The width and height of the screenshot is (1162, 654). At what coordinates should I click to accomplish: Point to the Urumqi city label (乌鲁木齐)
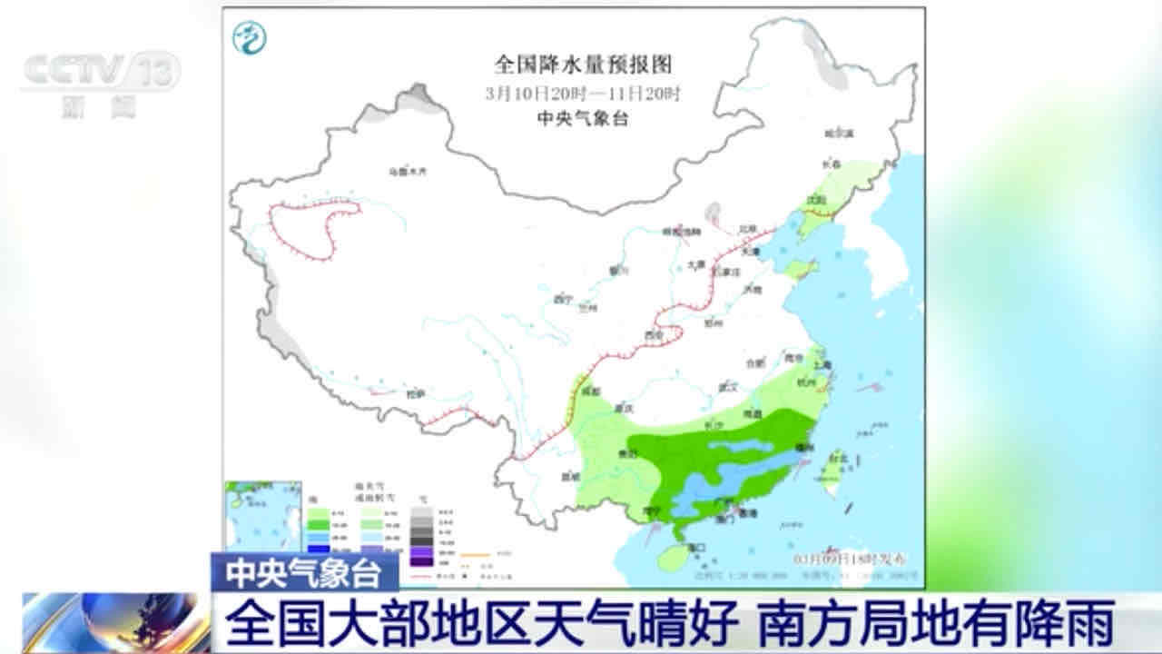(406, 171)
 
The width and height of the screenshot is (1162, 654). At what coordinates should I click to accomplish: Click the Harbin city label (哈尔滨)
(840, 134)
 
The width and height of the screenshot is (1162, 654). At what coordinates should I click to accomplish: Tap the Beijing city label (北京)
(747, 229)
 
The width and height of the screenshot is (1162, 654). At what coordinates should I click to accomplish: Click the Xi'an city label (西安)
(653, 336)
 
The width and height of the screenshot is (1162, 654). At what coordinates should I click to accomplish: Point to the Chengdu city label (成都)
(592, 391)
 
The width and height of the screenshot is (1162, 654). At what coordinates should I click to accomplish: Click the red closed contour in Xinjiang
(313, 232)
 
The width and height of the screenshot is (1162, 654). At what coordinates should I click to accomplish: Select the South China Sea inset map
(262, 518)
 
